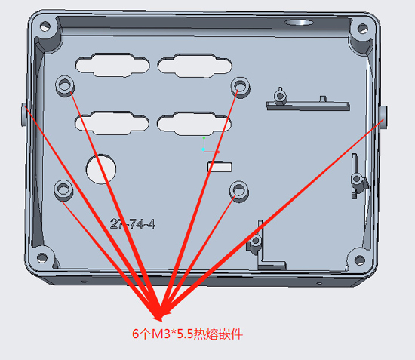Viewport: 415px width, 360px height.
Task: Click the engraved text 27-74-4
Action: click(132, 224)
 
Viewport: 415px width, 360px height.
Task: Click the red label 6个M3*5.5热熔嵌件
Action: click(187, 334)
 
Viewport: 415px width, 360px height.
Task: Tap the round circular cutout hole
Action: click(101, 169)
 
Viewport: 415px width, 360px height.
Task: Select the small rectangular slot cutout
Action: click(220, 167)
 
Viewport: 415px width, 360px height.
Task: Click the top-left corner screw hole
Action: click(45, 26)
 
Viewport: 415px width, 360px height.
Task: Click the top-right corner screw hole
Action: click(363, 29)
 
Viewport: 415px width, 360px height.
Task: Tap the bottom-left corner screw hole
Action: click(42, 257)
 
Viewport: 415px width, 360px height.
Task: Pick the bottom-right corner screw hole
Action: click(359, 260)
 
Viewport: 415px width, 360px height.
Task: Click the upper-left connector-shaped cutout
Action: click(112, 65)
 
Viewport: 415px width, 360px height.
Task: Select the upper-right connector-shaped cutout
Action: click(195, 66)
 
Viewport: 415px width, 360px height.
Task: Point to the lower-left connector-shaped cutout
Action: click(112, 123)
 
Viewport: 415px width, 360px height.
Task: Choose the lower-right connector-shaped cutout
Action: click(194, 124)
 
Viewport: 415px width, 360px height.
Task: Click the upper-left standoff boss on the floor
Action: click(65, 85)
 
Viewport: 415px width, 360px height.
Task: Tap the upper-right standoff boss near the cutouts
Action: click(240, 87)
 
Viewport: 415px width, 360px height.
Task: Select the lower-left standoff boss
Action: click(63, 189)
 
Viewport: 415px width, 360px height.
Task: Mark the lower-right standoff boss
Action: click(238, 191)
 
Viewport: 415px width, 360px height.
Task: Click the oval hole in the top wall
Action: click(299, 23)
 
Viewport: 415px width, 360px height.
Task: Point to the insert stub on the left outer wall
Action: click(24, 115)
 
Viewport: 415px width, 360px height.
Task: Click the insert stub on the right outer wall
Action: click(384, 117)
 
